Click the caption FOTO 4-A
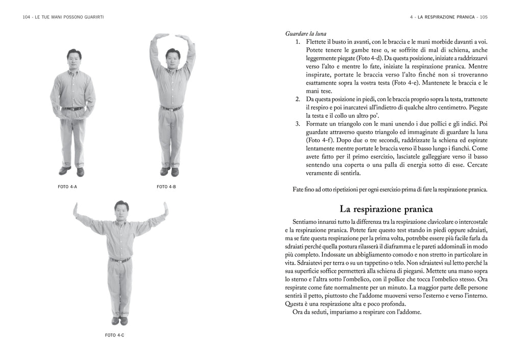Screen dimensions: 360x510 coord(67,187)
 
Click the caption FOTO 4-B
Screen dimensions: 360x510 coord(166,187)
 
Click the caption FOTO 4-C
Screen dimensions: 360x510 coord(115,335)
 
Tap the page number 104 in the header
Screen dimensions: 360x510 coord(27,17)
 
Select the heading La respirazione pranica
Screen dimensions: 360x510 coord(387,209)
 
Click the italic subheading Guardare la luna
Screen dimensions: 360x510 coord(306,34)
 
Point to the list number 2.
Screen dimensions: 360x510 coord(298,98)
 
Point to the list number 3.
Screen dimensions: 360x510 coord(298,123)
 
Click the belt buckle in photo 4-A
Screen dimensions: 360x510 coord(72,109)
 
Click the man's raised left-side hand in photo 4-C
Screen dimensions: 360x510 coord(75,209)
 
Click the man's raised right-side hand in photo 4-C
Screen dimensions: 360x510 coord(165,209)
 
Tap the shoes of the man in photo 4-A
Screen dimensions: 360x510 coord(72,171)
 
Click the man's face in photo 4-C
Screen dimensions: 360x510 coord(120,209)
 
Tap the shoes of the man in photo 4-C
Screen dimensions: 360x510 coord(119,321)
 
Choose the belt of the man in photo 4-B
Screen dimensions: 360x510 coord(171,108)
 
